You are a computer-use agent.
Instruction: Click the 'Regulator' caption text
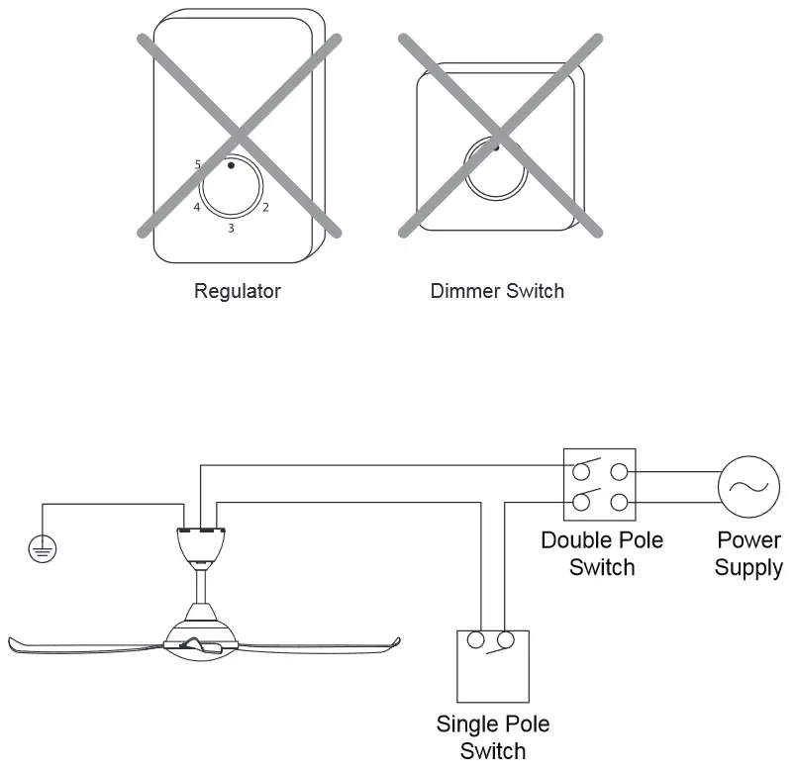point(238,291)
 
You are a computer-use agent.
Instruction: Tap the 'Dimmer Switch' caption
point(497,291)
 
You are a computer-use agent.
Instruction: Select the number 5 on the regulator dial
point(199,163)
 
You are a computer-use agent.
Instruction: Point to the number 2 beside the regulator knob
point(265,208)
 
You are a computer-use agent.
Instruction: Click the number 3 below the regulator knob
point(231,230)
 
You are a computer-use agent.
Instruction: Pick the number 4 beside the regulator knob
point(197,208)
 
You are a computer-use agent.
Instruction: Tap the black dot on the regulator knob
point(231,166)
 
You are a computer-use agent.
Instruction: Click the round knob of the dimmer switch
point(496,168)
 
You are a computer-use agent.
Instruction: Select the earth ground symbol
point(42,548)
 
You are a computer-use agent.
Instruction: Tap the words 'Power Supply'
point(748,554)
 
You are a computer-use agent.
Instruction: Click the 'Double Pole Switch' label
point(601,554)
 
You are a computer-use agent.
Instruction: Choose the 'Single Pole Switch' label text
point(492,737)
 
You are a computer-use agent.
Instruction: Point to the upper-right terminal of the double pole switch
point(620,473)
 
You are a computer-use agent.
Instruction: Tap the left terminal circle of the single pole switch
point(475,641)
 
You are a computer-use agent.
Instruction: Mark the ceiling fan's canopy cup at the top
point(202,543)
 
